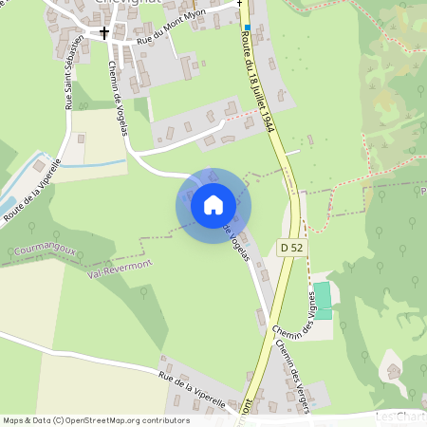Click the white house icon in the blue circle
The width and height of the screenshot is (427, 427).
[213, 204]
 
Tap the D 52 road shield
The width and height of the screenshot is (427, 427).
[292, 247]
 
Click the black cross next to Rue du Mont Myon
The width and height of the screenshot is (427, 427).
[104, 32]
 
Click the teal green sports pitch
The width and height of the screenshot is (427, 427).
[324, 299]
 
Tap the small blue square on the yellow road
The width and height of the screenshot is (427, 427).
[247, 28]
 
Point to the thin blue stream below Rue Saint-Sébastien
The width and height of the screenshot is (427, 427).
[90, 163]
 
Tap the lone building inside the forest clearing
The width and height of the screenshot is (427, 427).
[393, 369]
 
